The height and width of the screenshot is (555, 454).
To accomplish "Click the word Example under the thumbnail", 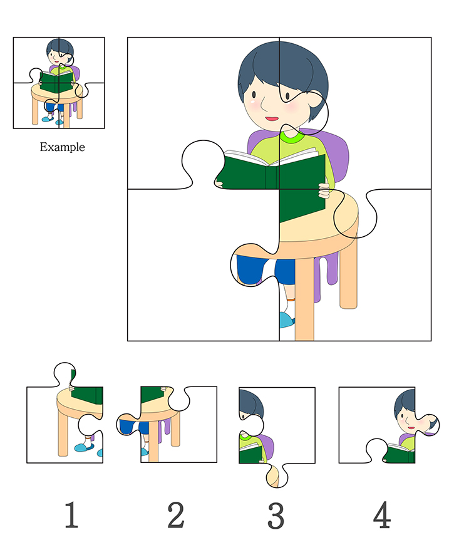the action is click(62, 147).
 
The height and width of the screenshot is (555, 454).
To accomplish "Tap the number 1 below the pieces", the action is click(71, 514).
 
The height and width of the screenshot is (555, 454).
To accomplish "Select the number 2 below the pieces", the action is click(176, 515).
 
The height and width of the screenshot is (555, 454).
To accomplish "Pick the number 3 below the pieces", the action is click(276, 516).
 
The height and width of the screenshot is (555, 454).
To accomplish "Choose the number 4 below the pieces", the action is click(382, 514).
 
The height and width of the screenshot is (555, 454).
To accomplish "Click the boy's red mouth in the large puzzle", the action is click(272, 119).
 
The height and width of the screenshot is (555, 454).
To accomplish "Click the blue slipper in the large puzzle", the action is click(287, 320).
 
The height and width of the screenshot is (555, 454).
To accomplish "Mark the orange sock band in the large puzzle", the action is click(290, 299).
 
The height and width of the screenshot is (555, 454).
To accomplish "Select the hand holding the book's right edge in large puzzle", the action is click(324, 190).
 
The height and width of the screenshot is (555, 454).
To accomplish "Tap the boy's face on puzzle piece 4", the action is click(406, 418).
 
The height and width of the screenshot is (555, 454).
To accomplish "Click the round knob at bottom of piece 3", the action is click(277, 477).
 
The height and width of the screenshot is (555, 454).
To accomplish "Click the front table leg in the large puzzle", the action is click(304, 299).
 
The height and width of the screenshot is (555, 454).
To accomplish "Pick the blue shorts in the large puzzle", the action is click(266, 270).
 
